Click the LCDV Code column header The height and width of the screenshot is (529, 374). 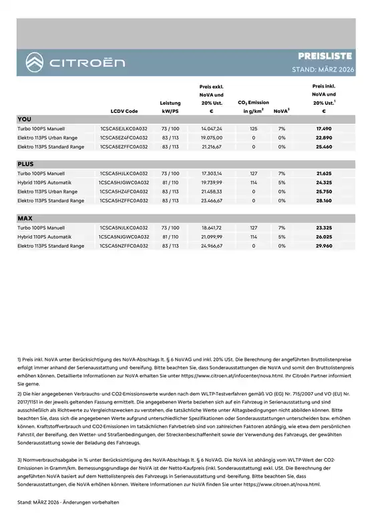click(124, 111)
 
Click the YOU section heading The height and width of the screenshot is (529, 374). click(25, 118)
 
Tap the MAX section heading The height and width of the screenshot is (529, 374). click(25, 218)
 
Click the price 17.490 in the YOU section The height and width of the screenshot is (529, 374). click(324, 128)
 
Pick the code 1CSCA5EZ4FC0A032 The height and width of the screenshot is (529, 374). click(124, 137)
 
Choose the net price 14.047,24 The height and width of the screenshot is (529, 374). click(211, 128)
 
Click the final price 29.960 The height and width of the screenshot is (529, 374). click(324, 246)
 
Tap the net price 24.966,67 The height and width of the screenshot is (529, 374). click(211, 246)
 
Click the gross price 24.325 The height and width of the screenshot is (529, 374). click(324, 182)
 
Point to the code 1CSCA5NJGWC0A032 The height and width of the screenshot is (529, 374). click(124, 236)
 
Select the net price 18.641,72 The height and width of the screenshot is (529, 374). click(211, 227)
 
